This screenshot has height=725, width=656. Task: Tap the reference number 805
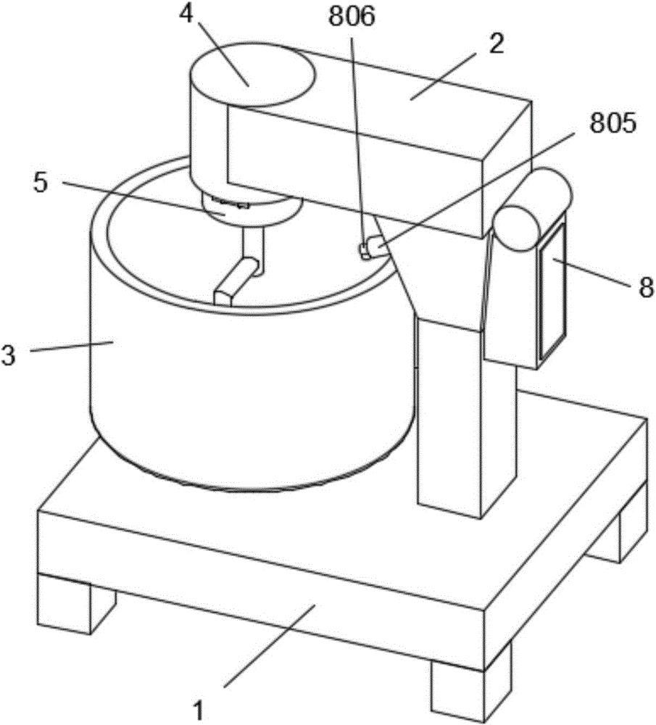(x=613, y=124)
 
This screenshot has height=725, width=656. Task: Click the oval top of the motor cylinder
(x=252, y=77)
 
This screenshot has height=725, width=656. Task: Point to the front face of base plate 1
(x=254, y=580)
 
